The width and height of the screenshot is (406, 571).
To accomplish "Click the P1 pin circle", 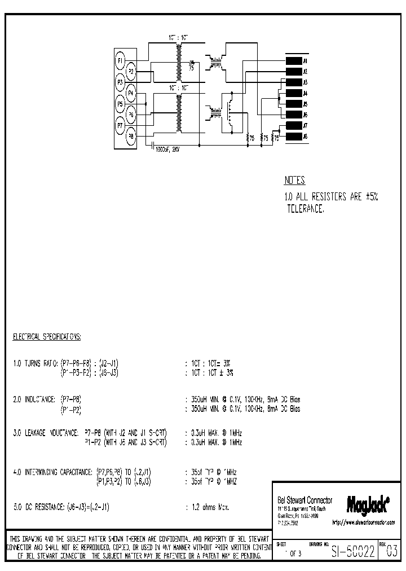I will (x=120, y=60).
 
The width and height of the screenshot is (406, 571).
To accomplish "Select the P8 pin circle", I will (x=131, y=136).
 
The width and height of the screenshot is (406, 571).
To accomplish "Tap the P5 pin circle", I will (x=120, y=104).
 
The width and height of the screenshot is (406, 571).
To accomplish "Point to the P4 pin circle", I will (x=131, y=93).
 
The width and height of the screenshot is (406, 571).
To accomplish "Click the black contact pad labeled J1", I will (x=293, y=60).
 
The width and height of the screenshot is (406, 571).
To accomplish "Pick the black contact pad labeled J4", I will (x=293, y=93).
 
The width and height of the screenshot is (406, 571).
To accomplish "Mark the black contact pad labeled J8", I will (x=293, y=136).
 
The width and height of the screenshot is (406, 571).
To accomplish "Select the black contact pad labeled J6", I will (x=293, y=115).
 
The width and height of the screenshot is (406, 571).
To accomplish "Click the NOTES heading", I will (x=294, y=181).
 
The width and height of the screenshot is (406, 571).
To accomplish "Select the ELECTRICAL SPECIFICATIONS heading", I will (x=47, y=337).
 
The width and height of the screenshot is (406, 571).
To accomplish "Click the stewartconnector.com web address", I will (x=364, y=523).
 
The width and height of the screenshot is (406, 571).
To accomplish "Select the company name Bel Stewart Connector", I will (x=305, y=500).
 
